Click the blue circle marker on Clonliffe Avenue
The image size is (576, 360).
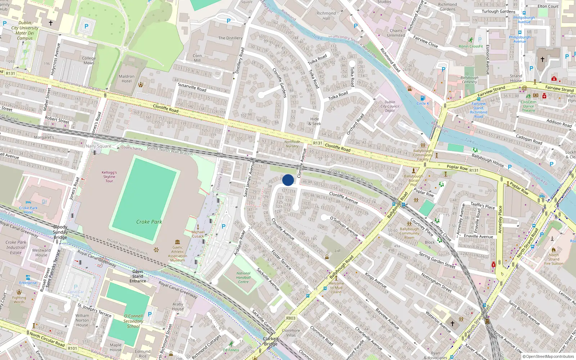click(288, 180)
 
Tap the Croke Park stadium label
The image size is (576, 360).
click(149, 222)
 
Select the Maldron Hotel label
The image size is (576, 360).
click(126, 79)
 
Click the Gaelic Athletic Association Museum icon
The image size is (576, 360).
click(177, 242)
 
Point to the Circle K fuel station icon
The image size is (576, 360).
click(423, 98)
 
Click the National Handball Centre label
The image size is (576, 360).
click(243, 278)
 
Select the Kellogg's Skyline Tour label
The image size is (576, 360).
click(109, 177)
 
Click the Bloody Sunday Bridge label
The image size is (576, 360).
click(60, 232)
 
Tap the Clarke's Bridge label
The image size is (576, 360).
click(270, 341)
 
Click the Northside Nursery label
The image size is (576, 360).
click(292, 144)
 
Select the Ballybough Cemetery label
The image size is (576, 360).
click(469, 80)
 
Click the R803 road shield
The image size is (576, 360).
click(291, 318)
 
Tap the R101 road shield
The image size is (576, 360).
click(72, 348)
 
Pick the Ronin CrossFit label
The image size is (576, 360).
click(471, 46)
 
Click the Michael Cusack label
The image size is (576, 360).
click(198, 234)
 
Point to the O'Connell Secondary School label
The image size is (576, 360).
click(133, 321)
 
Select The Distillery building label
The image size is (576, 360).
click(230, 38)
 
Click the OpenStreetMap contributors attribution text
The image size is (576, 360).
click(548, 356)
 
